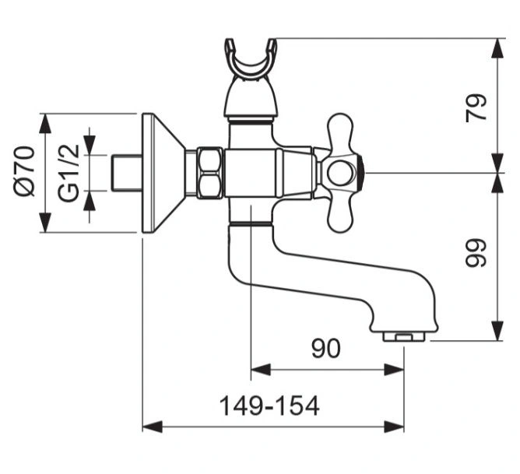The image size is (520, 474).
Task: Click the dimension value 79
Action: click(476, 108)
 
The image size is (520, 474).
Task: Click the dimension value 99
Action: click(476, 253)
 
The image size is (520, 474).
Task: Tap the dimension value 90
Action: click(326, 349)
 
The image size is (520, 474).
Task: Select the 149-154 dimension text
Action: click(269, 406)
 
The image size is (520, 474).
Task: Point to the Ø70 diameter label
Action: click(25, 171)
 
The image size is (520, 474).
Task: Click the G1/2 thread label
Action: click(69, 173)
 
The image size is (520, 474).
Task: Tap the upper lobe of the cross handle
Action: click(340, 132)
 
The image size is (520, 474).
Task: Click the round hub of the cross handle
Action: click(341, 173)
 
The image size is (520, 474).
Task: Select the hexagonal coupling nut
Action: click(209, 173)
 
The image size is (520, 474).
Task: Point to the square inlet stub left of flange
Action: click(126, 173)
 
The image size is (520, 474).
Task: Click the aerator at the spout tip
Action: click(403, 337)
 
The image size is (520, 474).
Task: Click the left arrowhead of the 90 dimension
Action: click(261, 370)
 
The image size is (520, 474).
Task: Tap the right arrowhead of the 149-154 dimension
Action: click(394, 427)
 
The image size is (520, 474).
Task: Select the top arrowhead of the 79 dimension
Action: click(498, 48)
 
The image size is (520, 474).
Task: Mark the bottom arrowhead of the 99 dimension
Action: click(498, 331)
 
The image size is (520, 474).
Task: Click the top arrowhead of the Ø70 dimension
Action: click(45, 124)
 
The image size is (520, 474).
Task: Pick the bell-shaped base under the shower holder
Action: click(251, 98)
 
